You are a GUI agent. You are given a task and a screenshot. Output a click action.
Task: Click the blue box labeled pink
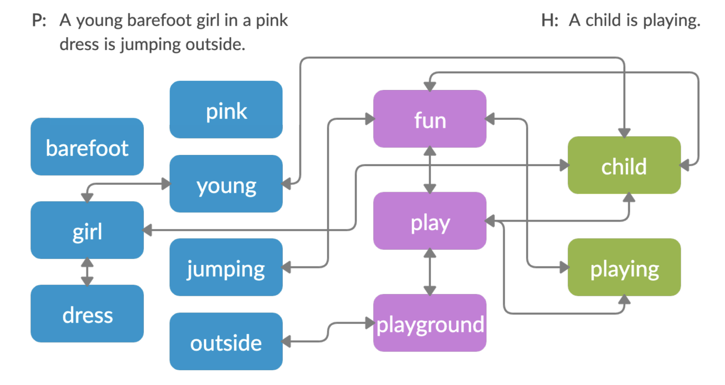[226, 110]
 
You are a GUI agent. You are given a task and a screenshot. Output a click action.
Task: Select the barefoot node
[87, 147]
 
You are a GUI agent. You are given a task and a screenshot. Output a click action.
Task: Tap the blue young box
[226, 184]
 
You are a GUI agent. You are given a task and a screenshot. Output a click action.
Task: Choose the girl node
[87, 230]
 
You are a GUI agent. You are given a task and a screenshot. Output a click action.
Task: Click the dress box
[87, 314]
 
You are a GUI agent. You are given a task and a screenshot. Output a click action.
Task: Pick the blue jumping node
[226, 267]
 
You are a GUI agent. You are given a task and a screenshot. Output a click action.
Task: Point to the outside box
[226, 341]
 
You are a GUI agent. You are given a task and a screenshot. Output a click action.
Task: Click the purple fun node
[430, 119]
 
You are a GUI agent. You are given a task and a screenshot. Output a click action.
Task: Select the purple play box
[430, 221]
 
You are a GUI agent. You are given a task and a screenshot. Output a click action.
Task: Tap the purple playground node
[430, 323]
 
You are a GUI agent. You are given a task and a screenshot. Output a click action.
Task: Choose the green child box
[624, 165]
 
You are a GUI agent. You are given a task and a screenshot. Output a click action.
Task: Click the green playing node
[624, 267]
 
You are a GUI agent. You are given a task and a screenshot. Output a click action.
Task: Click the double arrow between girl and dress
[87, 272]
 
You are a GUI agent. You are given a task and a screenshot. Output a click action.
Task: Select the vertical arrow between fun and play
[430, 170]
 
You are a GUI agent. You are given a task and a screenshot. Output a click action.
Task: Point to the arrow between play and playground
[430, 272]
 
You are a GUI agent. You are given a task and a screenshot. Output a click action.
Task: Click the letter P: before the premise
[39, 20]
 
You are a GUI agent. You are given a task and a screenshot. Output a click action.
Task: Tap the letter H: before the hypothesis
[549, 20]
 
